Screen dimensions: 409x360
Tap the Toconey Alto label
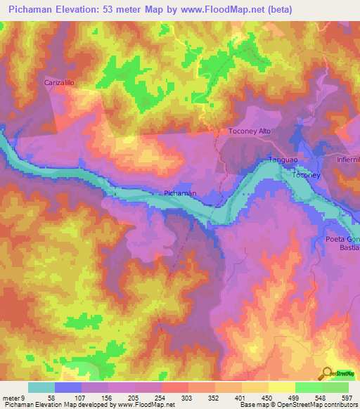point(250,131)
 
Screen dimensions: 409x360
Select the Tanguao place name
point(285,160)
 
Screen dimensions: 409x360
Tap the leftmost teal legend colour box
point(41,387)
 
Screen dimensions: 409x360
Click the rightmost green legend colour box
point(335,387)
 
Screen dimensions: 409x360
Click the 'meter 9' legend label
point(13,397)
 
